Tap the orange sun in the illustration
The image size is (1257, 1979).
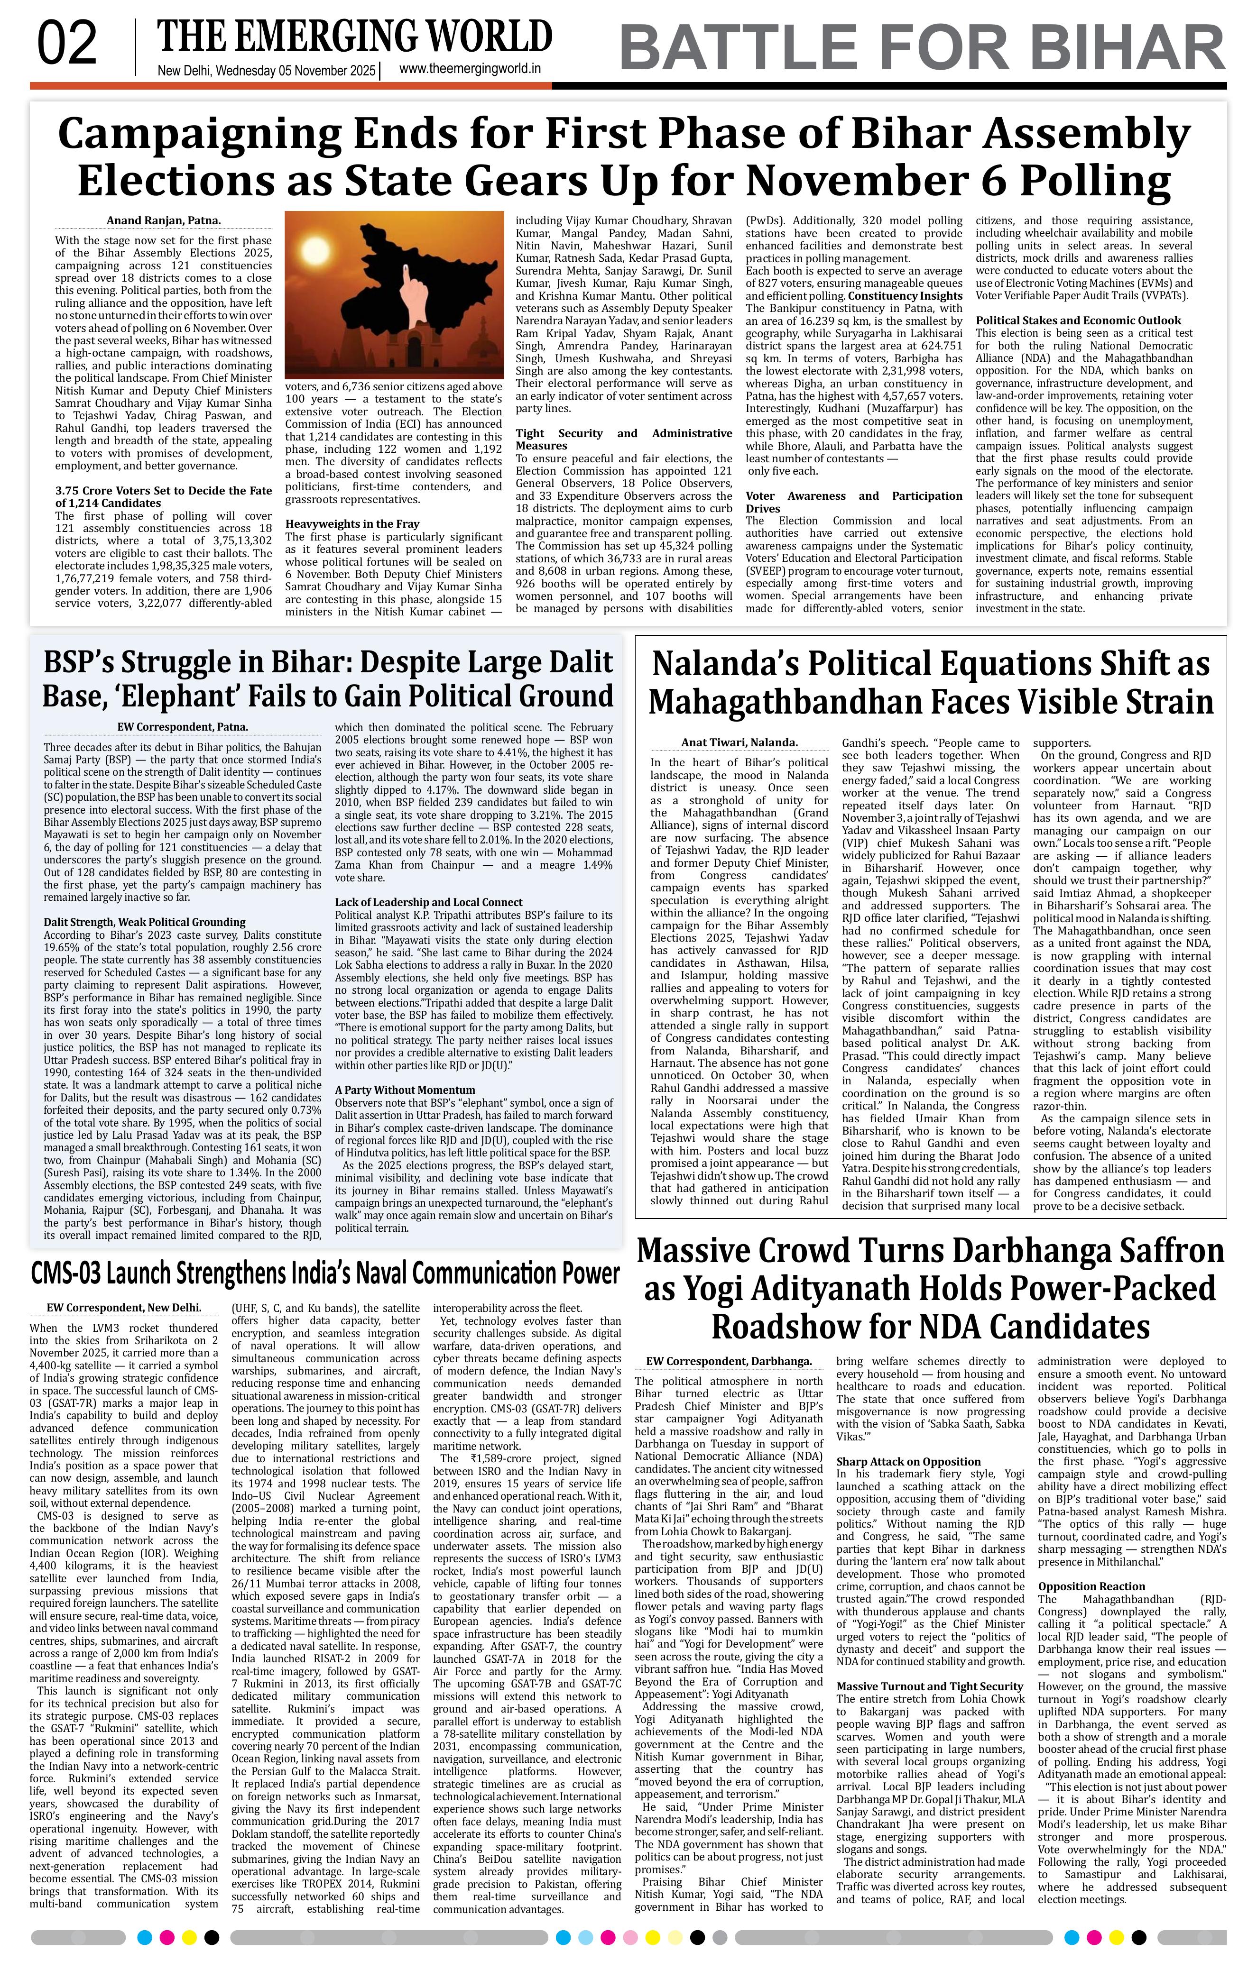coord(316,251)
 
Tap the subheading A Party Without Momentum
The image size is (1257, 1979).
coord(394,1090)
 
